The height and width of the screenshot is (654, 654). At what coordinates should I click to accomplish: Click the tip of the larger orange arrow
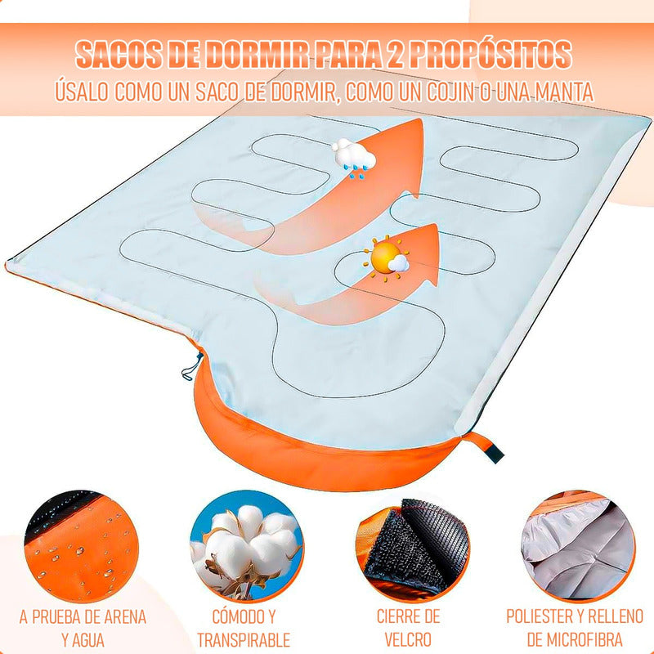coord(419,123)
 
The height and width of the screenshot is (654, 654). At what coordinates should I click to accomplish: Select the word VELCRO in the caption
coord(409,640)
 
